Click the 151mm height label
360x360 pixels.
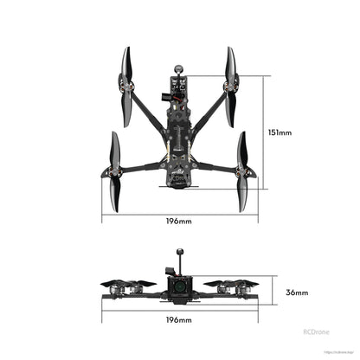pos(280,133)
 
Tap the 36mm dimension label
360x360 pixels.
pos(296,292)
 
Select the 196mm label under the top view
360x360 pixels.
pos(179,222)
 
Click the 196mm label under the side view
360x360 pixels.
pos(179,320)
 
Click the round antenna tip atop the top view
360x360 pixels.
pos(181,65)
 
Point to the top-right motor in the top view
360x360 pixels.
pos(231,85)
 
